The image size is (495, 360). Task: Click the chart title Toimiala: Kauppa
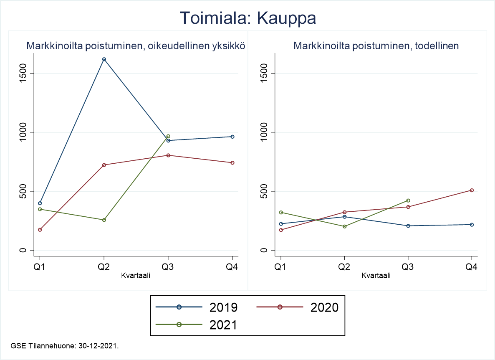point(247,19)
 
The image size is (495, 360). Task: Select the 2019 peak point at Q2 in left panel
point(104,59)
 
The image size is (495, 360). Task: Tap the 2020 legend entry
point(309,307)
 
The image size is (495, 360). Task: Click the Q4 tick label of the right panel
point(472,267)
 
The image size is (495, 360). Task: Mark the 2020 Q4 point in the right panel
point(472,190)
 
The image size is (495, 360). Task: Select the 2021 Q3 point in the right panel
point(408,200)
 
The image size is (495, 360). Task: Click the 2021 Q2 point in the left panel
point(104,220)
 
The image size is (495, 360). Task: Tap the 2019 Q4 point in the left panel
point(232,137)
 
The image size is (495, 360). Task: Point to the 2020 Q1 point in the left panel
point(40,230)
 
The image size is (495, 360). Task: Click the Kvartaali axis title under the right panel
point(376,276)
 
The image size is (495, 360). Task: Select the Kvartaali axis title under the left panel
point(136,276)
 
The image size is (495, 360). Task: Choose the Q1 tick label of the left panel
point(40,267)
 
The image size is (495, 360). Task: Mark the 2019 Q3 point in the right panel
point(408,226)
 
